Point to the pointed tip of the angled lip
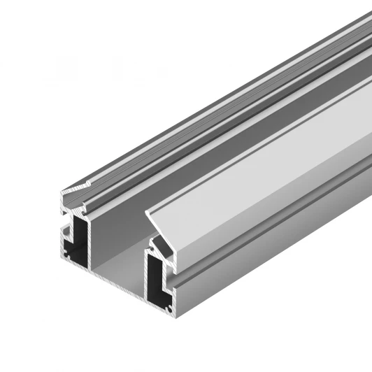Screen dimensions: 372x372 pyautogui.click(x=145, y=211)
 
